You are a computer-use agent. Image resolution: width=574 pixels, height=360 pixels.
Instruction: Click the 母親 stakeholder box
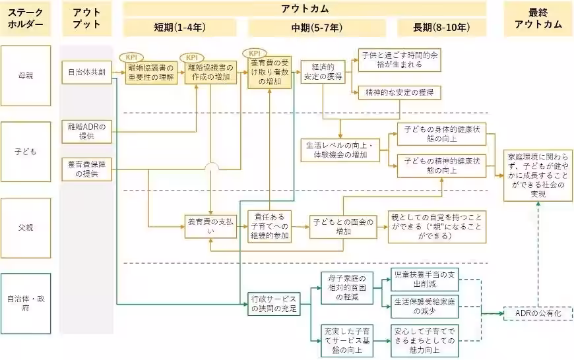point(26,75)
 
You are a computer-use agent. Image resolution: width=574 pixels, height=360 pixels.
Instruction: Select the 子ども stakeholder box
point(26,151)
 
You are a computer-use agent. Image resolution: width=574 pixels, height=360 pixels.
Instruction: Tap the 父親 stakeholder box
point(26,227)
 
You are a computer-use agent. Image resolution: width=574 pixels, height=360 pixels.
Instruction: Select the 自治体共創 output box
point(87,71)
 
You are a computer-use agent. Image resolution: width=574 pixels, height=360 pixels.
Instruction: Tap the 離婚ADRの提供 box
point(87,131)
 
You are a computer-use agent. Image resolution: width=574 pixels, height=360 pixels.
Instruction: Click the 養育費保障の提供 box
point(87,169)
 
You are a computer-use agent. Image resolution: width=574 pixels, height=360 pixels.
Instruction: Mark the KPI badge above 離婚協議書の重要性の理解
point(134,57)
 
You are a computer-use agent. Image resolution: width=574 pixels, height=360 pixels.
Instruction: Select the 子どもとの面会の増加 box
point(343,227)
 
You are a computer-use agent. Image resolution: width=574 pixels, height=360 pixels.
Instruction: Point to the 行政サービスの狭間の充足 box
point(272,303)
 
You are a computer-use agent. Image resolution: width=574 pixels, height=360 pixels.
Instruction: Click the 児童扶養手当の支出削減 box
point(422,279)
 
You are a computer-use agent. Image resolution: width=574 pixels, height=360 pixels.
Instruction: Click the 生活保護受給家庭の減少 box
point(422,306)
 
